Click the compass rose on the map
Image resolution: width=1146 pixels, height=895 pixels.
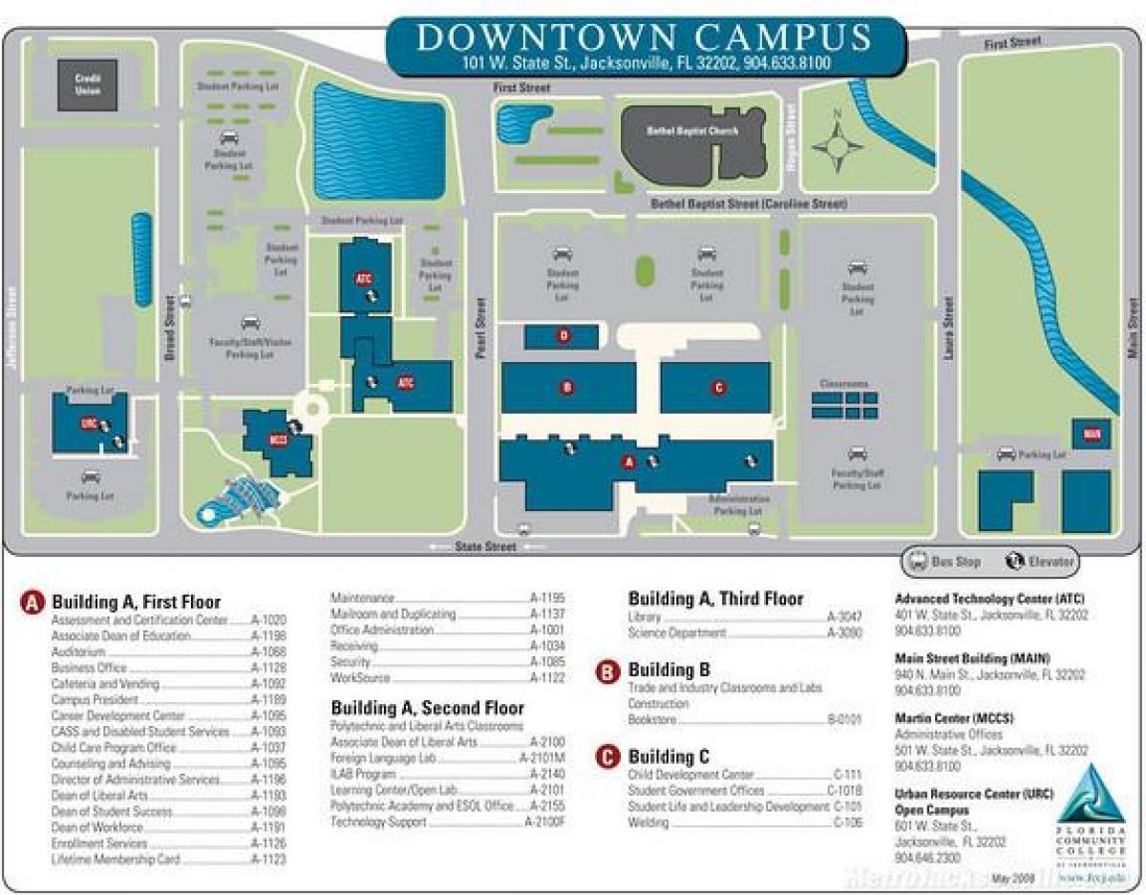(x=837, y=146)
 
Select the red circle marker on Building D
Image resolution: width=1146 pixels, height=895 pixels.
(x=563, y=335)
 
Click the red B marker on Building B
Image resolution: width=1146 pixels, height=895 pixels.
(x=567, y=387)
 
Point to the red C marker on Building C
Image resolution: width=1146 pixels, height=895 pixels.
(x=718, y=387)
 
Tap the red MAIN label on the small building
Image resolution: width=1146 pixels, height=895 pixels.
(x=1091, y=433)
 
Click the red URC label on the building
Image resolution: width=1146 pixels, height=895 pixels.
(x=89, y=422)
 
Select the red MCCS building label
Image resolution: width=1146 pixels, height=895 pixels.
(x=278, y=440)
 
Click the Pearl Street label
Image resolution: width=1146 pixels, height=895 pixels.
(x=480, y=325)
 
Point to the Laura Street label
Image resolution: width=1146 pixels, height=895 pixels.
(x=948, y=328)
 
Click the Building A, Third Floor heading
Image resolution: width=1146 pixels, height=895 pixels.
(x=715, y=599)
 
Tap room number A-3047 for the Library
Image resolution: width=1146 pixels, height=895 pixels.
(x=844, y=617)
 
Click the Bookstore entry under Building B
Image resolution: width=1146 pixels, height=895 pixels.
(x=653, y=719)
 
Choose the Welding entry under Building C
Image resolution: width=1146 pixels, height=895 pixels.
(x=648, y=823)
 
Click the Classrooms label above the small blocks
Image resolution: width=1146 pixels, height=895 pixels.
(x=844, y=384)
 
